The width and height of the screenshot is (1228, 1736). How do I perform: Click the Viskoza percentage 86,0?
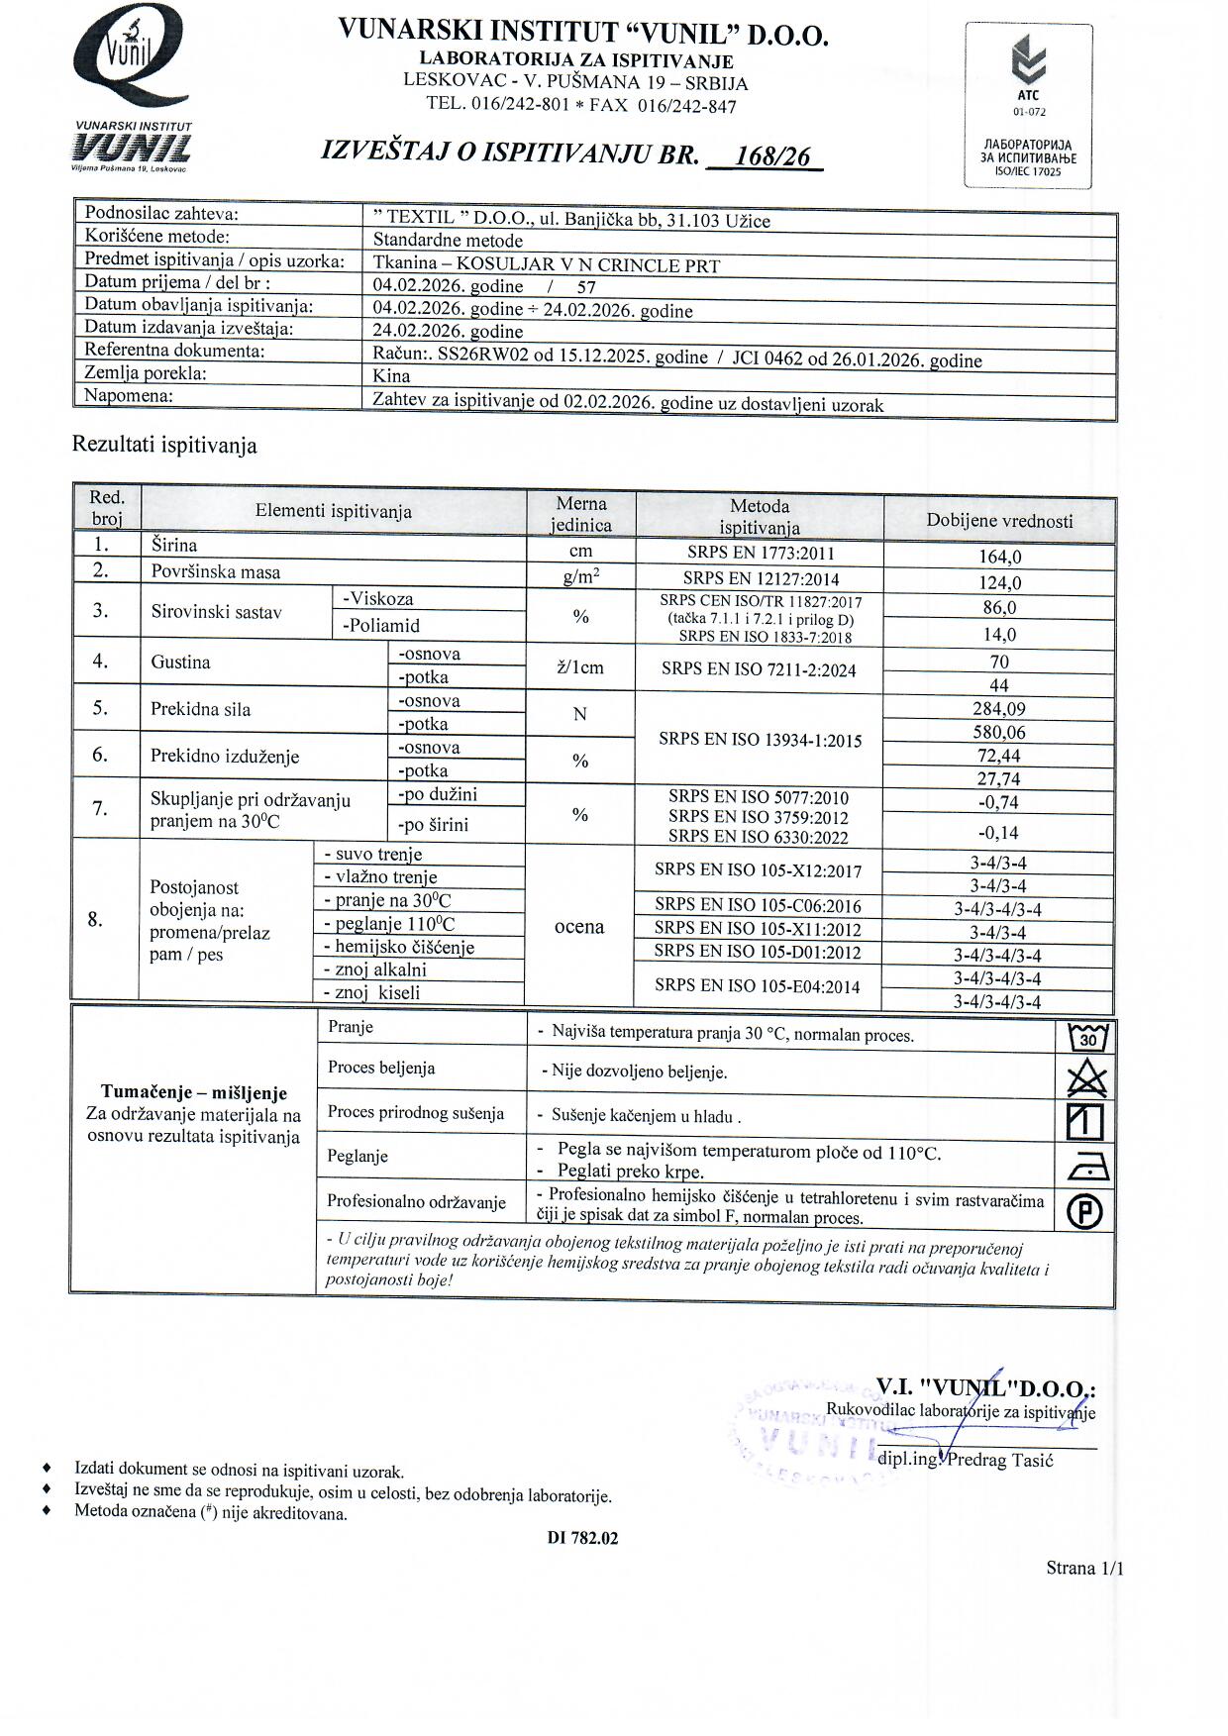coord(998,608)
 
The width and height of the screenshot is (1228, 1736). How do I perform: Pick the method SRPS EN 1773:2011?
coord(760,553)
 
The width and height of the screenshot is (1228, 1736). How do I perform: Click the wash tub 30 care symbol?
coord(1087,1038)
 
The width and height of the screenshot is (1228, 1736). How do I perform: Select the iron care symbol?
coord(1087,1169)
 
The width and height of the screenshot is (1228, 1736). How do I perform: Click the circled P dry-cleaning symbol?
coord(1086,1211)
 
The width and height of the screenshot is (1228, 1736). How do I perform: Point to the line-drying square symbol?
coord(1085,1122)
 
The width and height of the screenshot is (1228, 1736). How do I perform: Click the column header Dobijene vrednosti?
coord(998,521)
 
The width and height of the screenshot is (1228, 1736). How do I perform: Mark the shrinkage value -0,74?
coord(998,803)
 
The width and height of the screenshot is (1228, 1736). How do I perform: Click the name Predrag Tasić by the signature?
coord(1000,1460)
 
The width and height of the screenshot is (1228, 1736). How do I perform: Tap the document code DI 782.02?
coord(582,1538)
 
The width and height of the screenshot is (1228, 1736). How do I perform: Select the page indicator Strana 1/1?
coord(1084,1568)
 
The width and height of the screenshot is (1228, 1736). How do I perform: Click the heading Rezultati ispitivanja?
coord(164,446)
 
